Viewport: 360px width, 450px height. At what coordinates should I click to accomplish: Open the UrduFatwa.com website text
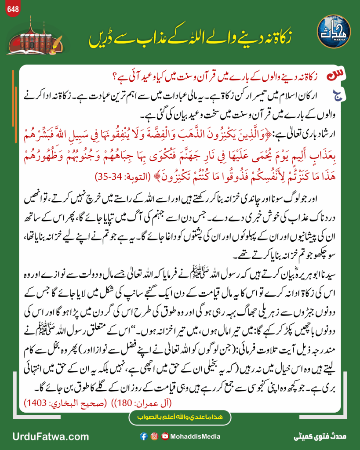[45, 436]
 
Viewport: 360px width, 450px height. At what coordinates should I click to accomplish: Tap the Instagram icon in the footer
[154, 436]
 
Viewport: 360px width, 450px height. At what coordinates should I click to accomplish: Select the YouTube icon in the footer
[165, 436]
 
